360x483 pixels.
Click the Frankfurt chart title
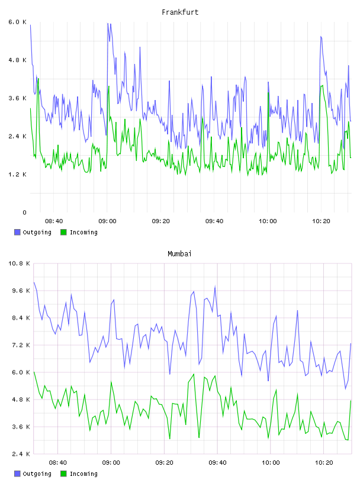pyautogui.click(x=180, y=12)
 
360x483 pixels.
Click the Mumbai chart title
pyautogui.click(x=179, y=254)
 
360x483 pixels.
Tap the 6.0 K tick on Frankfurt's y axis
pyautogui.click(x=17, y=22)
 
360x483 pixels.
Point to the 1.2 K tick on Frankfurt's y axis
pyautogui.click(x=17, y=175)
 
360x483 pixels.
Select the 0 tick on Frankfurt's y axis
pyautogui.click(x=24, y=212)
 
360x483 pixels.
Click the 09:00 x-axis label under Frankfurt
pyautogui.click(x=107, y=221)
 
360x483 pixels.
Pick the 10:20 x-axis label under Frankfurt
pyautogui.click(x=321, y=221)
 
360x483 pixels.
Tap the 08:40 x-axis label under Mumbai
pyautogui.click(x=57, y=463)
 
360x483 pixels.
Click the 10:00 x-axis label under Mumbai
pyautogui.click(x=271, y=463)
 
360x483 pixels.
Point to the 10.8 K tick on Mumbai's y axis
pyautogui.click(x=19, y=263)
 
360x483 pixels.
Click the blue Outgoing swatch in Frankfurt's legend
pyautogui.click(x=17, y=232)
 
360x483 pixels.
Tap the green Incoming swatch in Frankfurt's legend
pyautogui.click(x=63, y=232)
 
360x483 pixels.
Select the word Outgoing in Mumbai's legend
pyautogui.click(x=37, y=474)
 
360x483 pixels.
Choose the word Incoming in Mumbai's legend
pyautogui.click(x=83, y=474)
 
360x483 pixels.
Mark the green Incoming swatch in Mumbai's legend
pyautogui.click(x=63, y=474)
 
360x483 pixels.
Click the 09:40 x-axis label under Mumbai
pyautogui.click(x=217, y=463)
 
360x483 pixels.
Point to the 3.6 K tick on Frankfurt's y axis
pyautogui.click(x=17, y=98)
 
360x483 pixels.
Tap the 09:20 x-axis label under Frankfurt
pyautogui.click(x=160, y=221)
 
